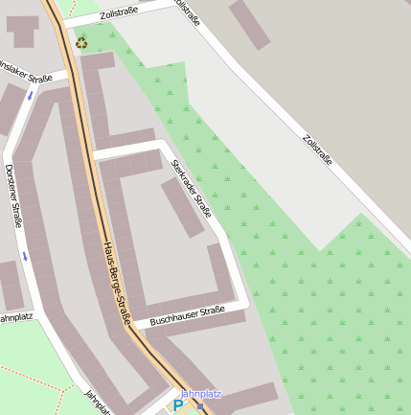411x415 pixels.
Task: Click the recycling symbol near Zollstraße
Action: tap(81, 42)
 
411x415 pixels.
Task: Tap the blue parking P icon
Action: tap(177, 405)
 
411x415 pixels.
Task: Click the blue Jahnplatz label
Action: tap(200, 394)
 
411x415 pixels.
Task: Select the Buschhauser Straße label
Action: tap(187, 315)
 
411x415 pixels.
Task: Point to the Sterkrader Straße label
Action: tap(191, 189)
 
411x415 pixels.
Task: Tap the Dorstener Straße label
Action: tap(13, 196)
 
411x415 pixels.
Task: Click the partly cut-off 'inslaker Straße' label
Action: tap(26, 72)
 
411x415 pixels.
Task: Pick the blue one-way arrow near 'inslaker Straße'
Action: tap(31, 95)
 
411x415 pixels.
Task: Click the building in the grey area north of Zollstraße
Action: tap(249, 23)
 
